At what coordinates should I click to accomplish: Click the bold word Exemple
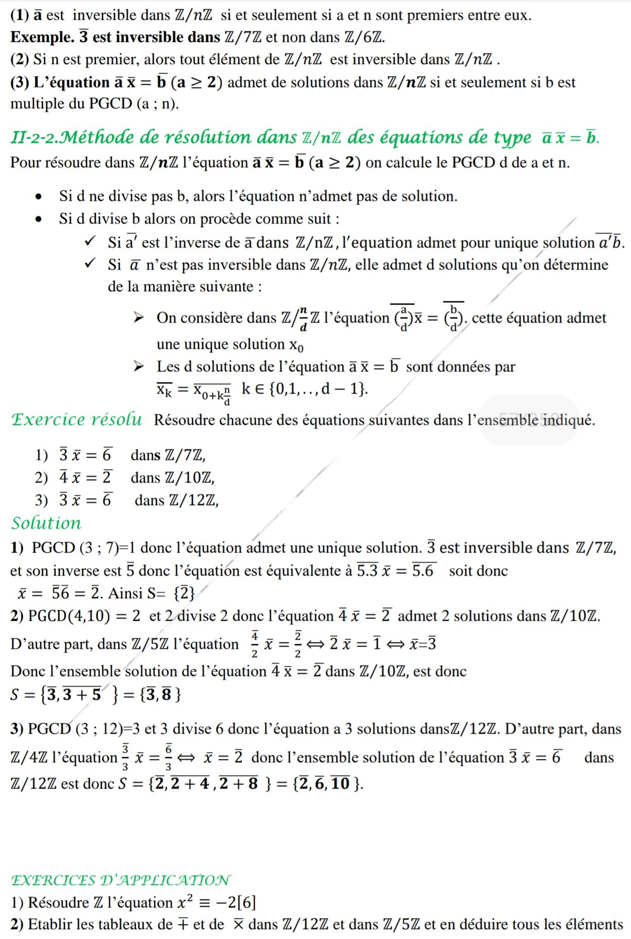pos(42,37)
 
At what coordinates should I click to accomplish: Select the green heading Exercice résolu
pos(77,419)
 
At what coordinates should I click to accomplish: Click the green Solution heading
pos(46,523)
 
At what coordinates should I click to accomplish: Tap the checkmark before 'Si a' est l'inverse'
pos(91,241)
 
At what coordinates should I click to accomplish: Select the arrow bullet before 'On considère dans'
pos(138,317)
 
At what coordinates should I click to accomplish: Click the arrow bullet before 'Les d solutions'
pos(138,367)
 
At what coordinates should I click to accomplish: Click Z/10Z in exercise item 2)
pos(190,478)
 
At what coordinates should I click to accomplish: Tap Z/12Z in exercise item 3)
pos(194,500)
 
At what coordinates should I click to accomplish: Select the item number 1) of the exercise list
pos(41,455)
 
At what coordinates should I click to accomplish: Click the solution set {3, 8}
pos(159,694)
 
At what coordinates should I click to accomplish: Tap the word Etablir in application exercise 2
pos(50,924)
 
